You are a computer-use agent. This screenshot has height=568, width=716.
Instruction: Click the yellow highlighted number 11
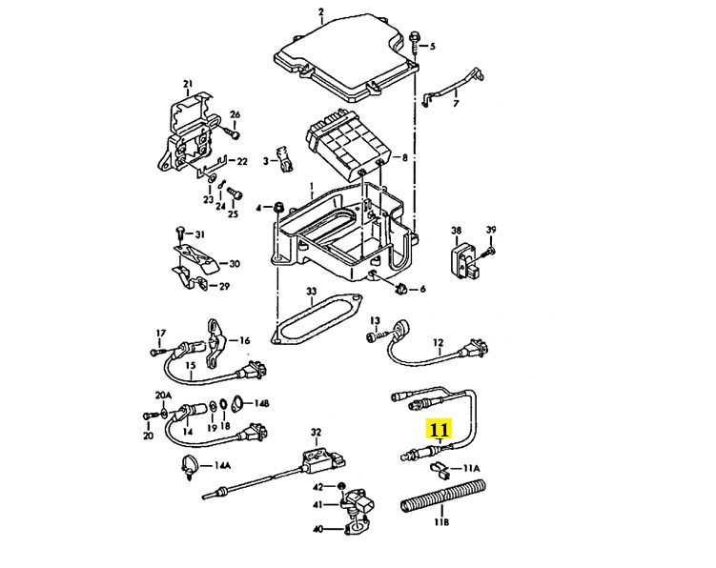(x=440, y=429)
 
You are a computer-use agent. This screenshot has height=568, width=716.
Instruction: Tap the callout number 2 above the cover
(x=321, y=12)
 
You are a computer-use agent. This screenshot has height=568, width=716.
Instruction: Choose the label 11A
(x=471, y=469)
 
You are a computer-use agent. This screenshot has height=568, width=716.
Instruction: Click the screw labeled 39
(x=491, y=251)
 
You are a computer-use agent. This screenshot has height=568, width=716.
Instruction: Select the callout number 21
(x=187, y=84)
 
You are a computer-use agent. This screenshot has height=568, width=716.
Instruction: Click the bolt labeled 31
(x=179, y=233)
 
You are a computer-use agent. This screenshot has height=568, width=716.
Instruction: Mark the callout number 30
(x=235, y=264)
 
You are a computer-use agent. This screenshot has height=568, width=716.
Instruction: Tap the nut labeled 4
(x=277, y=208)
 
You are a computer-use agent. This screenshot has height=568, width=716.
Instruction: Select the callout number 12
(x=439, y=341)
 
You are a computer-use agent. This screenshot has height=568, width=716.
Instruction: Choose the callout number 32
(x=317, y=432)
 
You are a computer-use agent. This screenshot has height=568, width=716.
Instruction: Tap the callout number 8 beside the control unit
(x=404, y=157)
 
